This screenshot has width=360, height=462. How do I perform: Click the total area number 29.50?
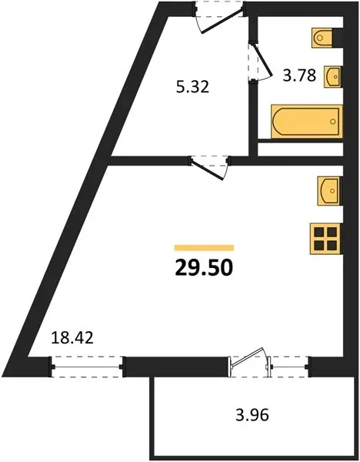pyautogui.click(x=204, y=268)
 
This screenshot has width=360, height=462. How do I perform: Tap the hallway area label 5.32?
pyautogui.click(x=192, y=87)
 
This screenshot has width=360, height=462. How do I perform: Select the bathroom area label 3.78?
pyautogui.click(x=299, y=75)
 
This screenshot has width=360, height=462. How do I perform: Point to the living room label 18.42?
pyautogui.click(x=72, y=337)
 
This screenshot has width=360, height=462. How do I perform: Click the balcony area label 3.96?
pyautogui.click(x=252, y=415)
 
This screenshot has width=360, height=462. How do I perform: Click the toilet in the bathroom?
pyautogui.click(x=322, y=38)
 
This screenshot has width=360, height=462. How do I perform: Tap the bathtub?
pyautogui.click(x=307, y=122)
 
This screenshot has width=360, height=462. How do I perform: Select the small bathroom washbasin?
pyautogui.click(x=332, y=76)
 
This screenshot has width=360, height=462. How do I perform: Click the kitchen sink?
pyautogui.click(x=328, y=191)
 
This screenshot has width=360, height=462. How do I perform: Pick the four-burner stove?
pyautogui.click(x=325, y=239)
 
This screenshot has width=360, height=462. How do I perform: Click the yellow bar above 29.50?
pyautogui.click(x=205, y=247)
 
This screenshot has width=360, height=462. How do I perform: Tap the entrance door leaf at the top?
pyautogui.click(x=222, y=22)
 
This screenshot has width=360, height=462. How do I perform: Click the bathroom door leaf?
pyautogui.click(x=262, y=58)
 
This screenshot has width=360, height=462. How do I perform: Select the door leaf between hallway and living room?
pyautogui.click(x=207, y=169)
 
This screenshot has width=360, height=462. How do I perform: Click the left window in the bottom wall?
pyautogui.click(x=87, y=367)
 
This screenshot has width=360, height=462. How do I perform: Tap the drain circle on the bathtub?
pyautogui.click(x=333, y=122)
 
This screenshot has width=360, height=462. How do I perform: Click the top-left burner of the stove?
pyautogui.click(x=319, y=233)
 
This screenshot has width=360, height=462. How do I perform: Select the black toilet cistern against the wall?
pyautogui.click(x=338, y=38)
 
